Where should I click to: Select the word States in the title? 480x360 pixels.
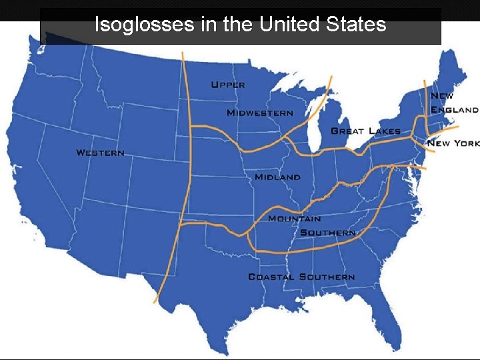pyautogui.click(x=357, y=25)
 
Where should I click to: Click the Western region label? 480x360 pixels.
pyautogui.click(x=100, y=153)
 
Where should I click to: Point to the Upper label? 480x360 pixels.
pyautogui.click(x=228, y=85)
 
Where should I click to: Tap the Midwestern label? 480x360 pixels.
pyautogui.click(x=259, y=113)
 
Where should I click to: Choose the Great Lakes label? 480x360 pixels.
pyautogui.click(x=365, y=131)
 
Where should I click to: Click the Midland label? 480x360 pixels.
pyautogui.click(x=277, y=177)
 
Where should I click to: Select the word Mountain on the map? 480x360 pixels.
pyautogui.click(x=294, y=218)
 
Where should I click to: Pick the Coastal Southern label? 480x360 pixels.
pyautogui.click(x=301, y=276)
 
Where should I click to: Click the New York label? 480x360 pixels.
pyautogui.click(x=453, y=143)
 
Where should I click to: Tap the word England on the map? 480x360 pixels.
pyautogui.click(x=455, y=109)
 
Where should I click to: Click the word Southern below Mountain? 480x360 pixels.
pyautogui.click(x=327, y=233)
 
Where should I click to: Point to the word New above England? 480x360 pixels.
pyautogui.click(x=442, y=96)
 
